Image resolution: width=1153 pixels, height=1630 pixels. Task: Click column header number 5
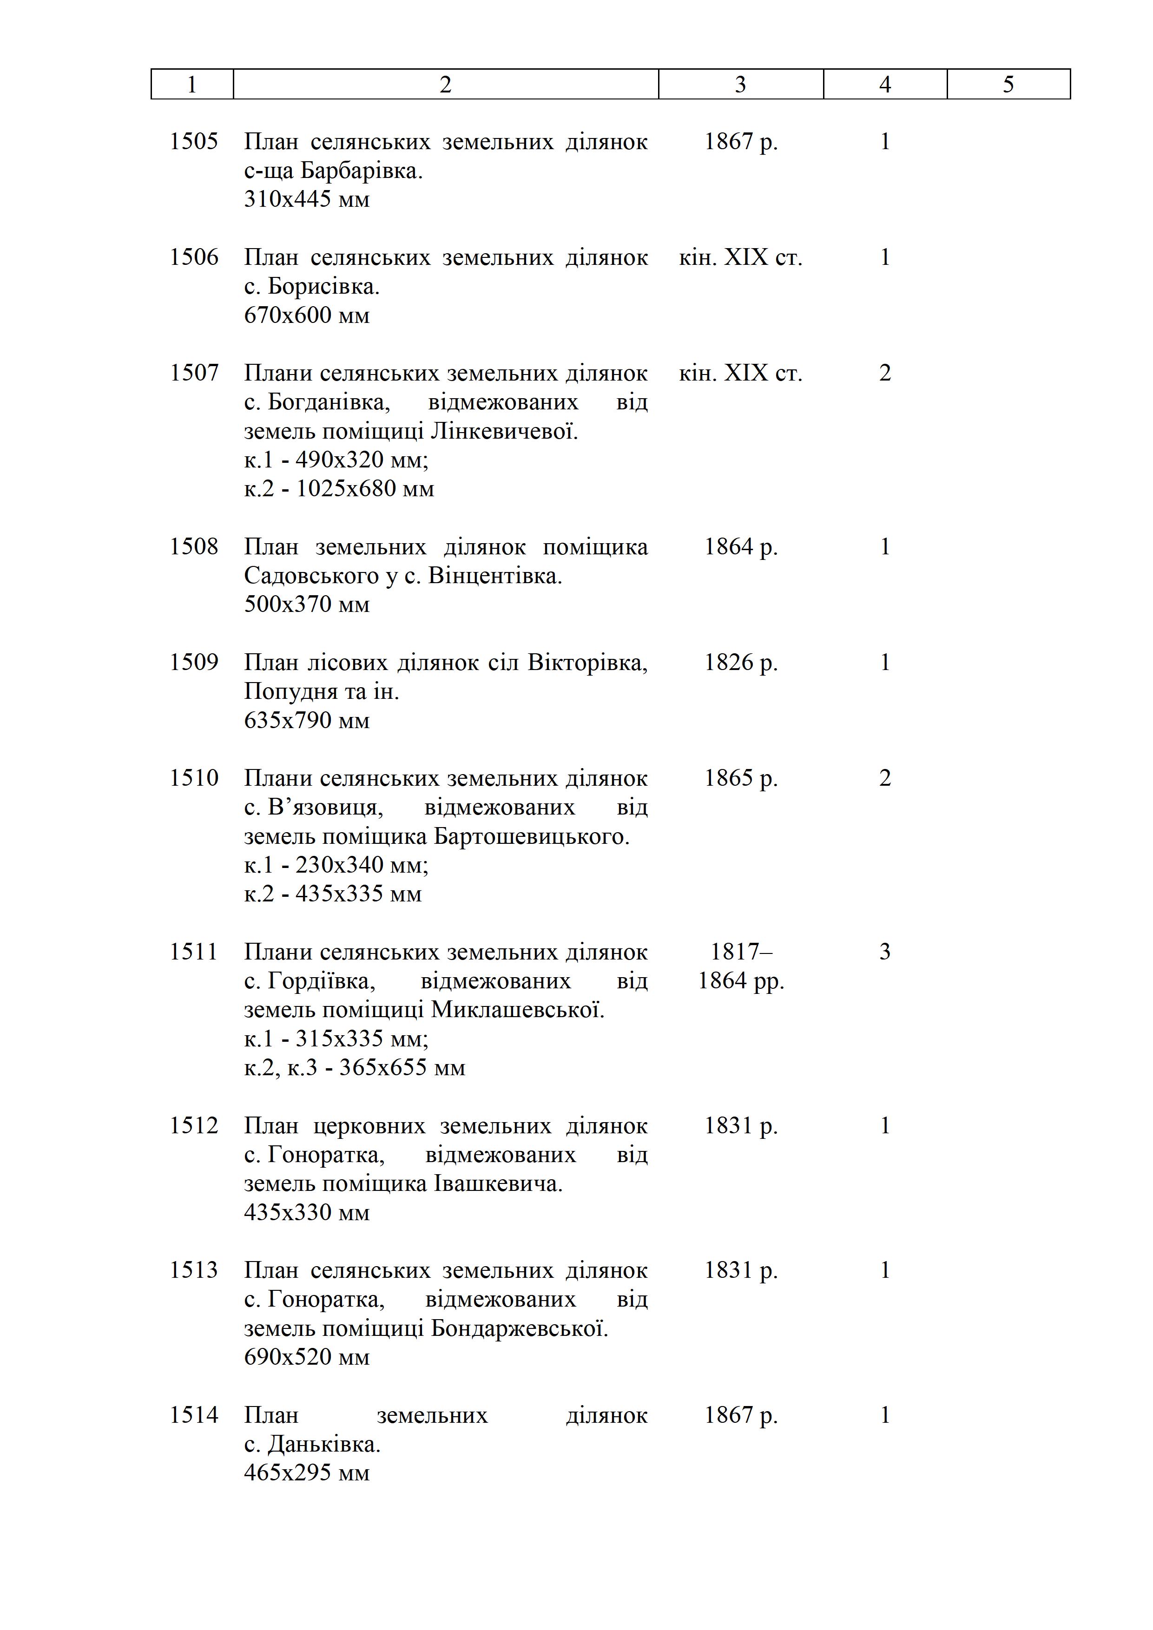pos(1008,85)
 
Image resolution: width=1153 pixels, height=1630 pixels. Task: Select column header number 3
pos(740,85)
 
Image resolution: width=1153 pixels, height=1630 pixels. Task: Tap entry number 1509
pos(193,663)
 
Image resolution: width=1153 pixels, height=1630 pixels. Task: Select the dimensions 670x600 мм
pos(307,315)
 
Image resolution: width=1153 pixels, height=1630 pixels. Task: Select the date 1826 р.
pos(740,663)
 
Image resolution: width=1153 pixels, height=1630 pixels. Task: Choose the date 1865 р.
pos(740,779)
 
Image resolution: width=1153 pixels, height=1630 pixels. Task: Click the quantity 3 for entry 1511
pos(885,952)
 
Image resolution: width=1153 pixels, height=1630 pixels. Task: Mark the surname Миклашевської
pos(518,1010)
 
